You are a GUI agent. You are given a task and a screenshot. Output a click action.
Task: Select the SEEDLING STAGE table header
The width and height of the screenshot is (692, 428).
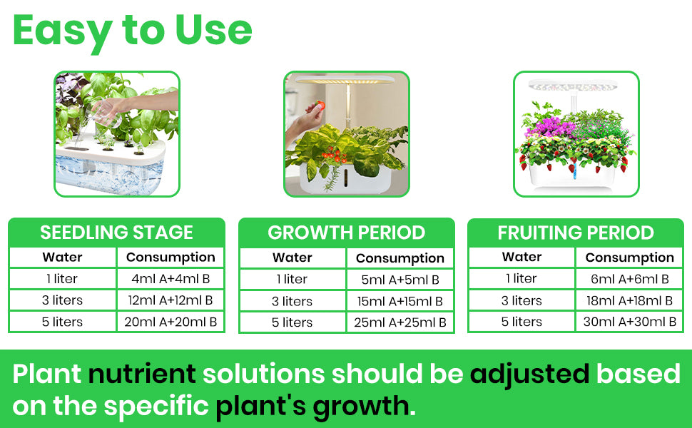tap(116, 233)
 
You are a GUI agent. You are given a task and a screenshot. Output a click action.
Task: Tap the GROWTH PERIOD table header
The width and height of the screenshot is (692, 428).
tap(347, 233)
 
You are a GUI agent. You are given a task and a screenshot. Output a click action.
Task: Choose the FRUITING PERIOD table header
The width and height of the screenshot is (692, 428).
tap(576, 233)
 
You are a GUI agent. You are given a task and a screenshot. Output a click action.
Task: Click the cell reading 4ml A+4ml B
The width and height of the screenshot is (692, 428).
tap(171, 279)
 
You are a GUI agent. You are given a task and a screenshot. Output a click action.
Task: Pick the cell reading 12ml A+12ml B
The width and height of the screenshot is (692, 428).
tap(171, 300)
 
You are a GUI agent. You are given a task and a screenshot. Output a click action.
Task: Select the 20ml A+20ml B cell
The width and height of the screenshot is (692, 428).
tap(171, 322)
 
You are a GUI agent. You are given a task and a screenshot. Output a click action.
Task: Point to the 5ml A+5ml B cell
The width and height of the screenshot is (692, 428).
tap(400, 280)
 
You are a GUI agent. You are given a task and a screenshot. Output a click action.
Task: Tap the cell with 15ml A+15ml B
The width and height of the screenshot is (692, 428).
tap(400, 301)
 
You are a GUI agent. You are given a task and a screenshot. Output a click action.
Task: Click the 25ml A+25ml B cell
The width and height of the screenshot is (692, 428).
tap(400, 322)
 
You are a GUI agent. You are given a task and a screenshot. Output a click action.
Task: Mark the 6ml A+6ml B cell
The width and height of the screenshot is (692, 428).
tap(630, 279)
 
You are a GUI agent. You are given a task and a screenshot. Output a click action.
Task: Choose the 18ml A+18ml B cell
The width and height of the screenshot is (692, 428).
tap(630, 300)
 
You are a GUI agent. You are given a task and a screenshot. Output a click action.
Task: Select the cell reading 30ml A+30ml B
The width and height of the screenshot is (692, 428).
tap(630, 322)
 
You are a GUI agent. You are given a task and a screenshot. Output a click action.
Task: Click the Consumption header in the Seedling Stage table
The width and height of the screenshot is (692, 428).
tap(171, 258)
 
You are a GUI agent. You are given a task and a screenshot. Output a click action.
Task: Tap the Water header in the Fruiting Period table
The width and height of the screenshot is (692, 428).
tap(521, 257)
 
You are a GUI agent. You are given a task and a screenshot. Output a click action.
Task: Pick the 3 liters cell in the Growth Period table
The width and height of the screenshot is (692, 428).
tap(292, 301)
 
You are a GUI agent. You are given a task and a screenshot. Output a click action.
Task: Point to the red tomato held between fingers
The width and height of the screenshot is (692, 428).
tap(321, 105)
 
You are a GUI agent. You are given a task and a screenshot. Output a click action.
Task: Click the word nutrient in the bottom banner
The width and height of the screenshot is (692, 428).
tap(142, 374)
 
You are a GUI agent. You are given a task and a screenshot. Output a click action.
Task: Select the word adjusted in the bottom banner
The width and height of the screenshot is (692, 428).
tap(529, 375)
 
